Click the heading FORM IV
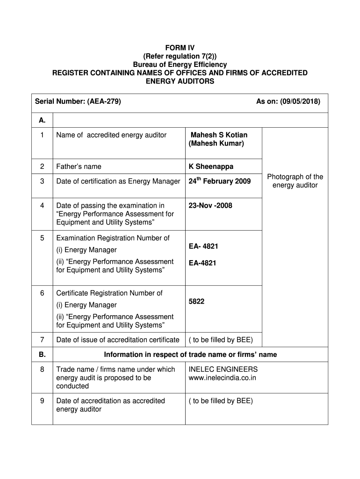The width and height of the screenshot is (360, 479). [180, 48]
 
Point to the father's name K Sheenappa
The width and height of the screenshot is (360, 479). [211, 167]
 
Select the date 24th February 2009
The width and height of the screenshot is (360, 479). [219, 181]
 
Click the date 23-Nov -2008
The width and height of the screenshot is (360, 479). [210, 205]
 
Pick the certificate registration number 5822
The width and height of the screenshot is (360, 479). [196, 302]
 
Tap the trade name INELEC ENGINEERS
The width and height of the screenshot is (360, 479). [223, 369]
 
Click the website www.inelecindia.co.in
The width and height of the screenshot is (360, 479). [223, 377]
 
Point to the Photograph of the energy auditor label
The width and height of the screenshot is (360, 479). [295, 181]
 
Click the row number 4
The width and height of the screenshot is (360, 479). [42, 205]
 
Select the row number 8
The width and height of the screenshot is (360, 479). [42, 370]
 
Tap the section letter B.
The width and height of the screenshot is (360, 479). [42, 355]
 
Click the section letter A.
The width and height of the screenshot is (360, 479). [42, 120]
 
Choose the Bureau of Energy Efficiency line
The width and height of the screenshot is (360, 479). [180, 65]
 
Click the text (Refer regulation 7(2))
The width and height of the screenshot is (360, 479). [180, 56]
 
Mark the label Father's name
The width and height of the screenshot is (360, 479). [79, 167]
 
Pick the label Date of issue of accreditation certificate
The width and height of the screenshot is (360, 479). [117, 340]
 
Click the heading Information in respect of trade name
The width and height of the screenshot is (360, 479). [190, 355]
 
